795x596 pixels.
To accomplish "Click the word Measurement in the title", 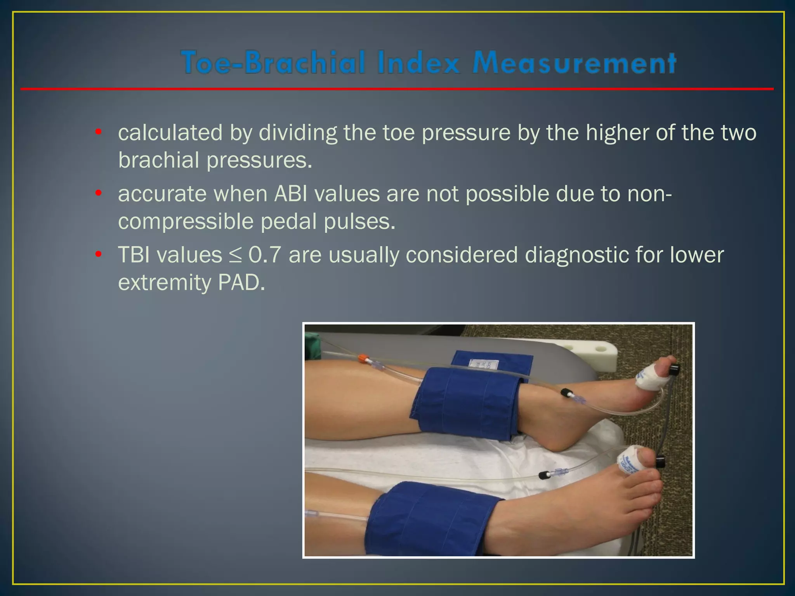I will point(575,62).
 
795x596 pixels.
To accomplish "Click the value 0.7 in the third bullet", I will point(264,255).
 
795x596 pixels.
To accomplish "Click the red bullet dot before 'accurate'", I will point(99,193).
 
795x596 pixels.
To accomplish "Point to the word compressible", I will point(186,222).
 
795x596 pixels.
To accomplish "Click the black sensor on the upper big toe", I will point(674,369).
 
